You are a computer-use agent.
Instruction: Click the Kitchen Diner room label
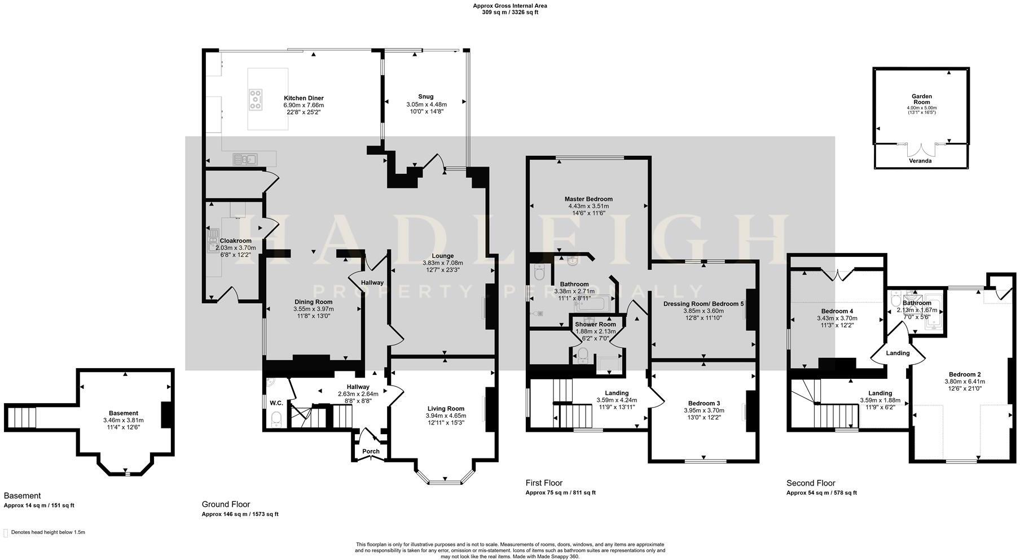click(304, 98)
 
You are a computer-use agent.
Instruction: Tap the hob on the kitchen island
click(256, 99)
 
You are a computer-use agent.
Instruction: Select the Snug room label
click(426, 97)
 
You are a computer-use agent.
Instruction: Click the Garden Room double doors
click(922, 150)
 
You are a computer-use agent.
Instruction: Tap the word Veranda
click(921, 161)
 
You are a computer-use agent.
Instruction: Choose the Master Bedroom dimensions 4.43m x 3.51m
click(588, 206)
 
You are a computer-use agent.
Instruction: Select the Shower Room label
click(595, 325)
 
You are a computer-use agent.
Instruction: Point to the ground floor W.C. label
click(276, 403)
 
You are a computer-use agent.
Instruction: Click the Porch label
click(371, 451)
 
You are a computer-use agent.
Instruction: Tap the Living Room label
click(446, 409)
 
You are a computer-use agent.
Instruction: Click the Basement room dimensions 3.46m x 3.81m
click(123, 420)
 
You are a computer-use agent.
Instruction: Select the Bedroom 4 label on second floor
click(837, 311)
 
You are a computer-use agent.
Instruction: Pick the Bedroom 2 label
click(964, 374)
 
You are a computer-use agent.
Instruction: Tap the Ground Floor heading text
click(226, 504)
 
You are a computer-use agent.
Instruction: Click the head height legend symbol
click(6, 532)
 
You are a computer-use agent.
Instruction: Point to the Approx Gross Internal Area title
click(509, 6)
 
